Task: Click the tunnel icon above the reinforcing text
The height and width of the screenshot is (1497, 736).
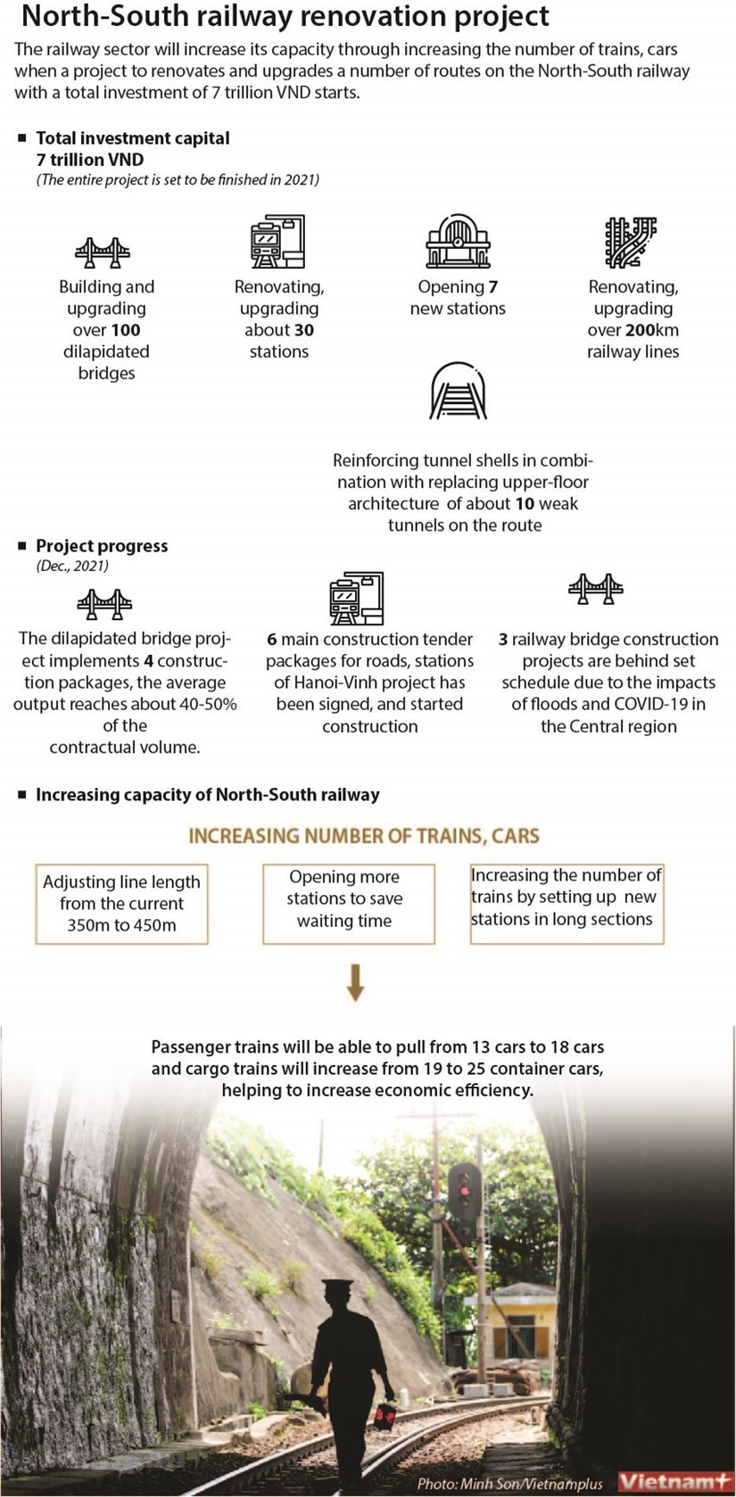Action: click(x=459, y=391)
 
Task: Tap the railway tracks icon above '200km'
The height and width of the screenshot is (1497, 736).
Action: click(x=631, y=242)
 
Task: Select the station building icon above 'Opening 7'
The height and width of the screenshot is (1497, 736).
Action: click(x=458, y=241)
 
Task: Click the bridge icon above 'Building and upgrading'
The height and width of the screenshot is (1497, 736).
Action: click(x=103, y=252)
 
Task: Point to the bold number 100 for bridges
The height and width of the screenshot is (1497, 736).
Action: click(x=126, y=330)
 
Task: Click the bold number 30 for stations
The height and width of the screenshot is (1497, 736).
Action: click(x=304, y=330)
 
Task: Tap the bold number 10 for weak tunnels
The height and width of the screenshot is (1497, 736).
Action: click(x=525, y=504)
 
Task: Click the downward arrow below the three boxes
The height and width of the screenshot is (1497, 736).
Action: click(x=355, y=981)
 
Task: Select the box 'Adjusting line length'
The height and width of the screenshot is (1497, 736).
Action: click(x=121, y=904)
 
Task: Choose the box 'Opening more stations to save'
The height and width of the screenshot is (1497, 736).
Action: click(x=348, y=903)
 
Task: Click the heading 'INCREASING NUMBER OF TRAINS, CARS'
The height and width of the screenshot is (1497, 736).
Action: click(x=364, y=836)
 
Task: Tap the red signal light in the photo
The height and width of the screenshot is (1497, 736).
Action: click(x=463, y=1187)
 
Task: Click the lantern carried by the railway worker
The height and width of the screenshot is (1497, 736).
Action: click(x=385, y=1415)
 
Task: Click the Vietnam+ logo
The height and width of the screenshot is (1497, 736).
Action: click(x=674, y=1481)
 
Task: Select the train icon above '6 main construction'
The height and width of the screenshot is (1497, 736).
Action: click(x=356, y=598)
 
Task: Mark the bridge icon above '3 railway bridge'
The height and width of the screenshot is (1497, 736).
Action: click(x=595, y=589)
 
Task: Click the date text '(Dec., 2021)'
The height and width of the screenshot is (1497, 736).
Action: click(x=72, y=567)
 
